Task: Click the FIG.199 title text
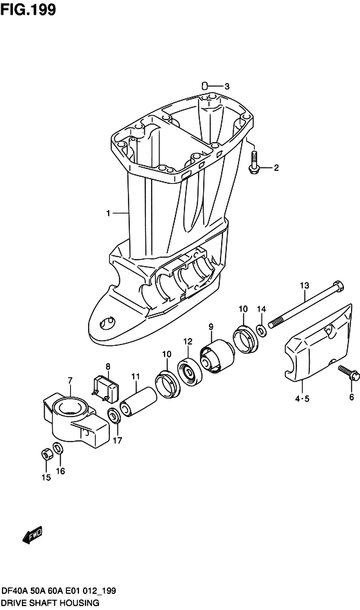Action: coord(28,10)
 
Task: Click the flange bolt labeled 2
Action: coord(254,162)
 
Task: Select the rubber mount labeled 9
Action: coord(216,356)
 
